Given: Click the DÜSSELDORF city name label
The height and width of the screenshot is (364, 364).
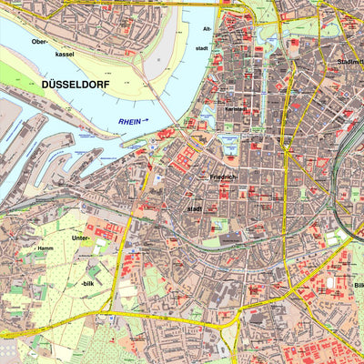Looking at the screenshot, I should pyautogui.click(x=77, y=84).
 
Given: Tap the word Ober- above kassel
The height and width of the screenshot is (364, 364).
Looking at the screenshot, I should pyautogui.click(x=39, y=41).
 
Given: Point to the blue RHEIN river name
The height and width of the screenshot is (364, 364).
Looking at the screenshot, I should pyautogui.click(x=130, y=122).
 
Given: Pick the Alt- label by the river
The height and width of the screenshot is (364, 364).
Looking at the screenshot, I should pyautogui.click(x=207, y=29).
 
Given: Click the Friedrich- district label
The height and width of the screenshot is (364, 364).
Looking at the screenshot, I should pyautogui.click(x=223, y=176).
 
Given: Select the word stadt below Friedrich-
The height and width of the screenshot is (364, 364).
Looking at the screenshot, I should pyautogui.click(x=195, y=208).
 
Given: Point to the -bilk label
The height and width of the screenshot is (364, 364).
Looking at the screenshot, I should pyautogui.click(x=87, y=283).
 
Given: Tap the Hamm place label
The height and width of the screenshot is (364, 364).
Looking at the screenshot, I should pyautogui.click(x=45, y=248).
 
